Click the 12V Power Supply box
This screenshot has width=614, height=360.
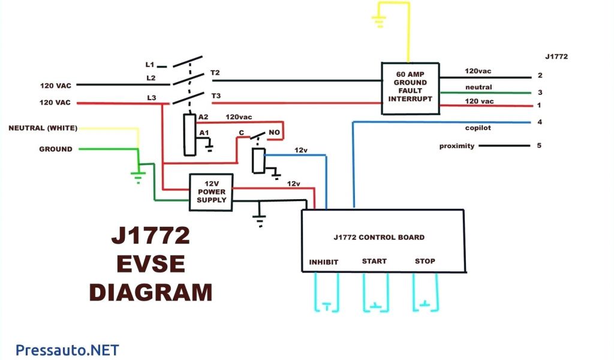click(211, 192)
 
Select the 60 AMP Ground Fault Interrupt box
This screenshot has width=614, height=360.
click(410, 88)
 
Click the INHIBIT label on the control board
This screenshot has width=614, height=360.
click(324, 262)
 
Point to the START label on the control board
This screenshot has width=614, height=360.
click(374, 262)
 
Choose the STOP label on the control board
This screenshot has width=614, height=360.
click(425, 262)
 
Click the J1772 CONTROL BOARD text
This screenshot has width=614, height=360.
click(379, 238)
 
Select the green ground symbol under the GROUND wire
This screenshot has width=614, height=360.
click(139, 176)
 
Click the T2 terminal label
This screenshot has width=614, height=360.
click(215, 73)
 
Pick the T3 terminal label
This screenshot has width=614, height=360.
click(215, 96)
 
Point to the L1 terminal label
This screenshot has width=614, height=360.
click(150, 64)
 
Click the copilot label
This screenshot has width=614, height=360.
click(477, 128)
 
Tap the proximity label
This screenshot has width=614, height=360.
click(457, 146)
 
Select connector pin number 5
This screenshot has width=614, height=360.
click(540, 145)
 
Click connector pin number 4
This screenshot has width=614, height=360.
click(540, 122)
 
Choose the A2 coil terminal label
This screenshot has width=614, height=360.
click(204, 117)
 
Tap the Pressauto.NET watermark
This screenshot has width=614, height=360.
click(67, 350)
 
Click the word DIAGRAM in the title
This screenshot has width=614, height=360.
click(151, 292)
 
